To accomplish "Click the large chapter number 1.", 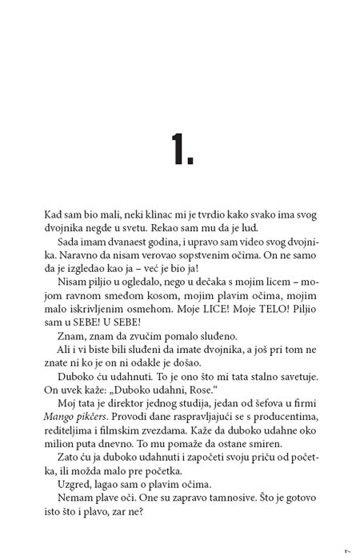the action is pyautogui.click(x=181, y=147).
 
